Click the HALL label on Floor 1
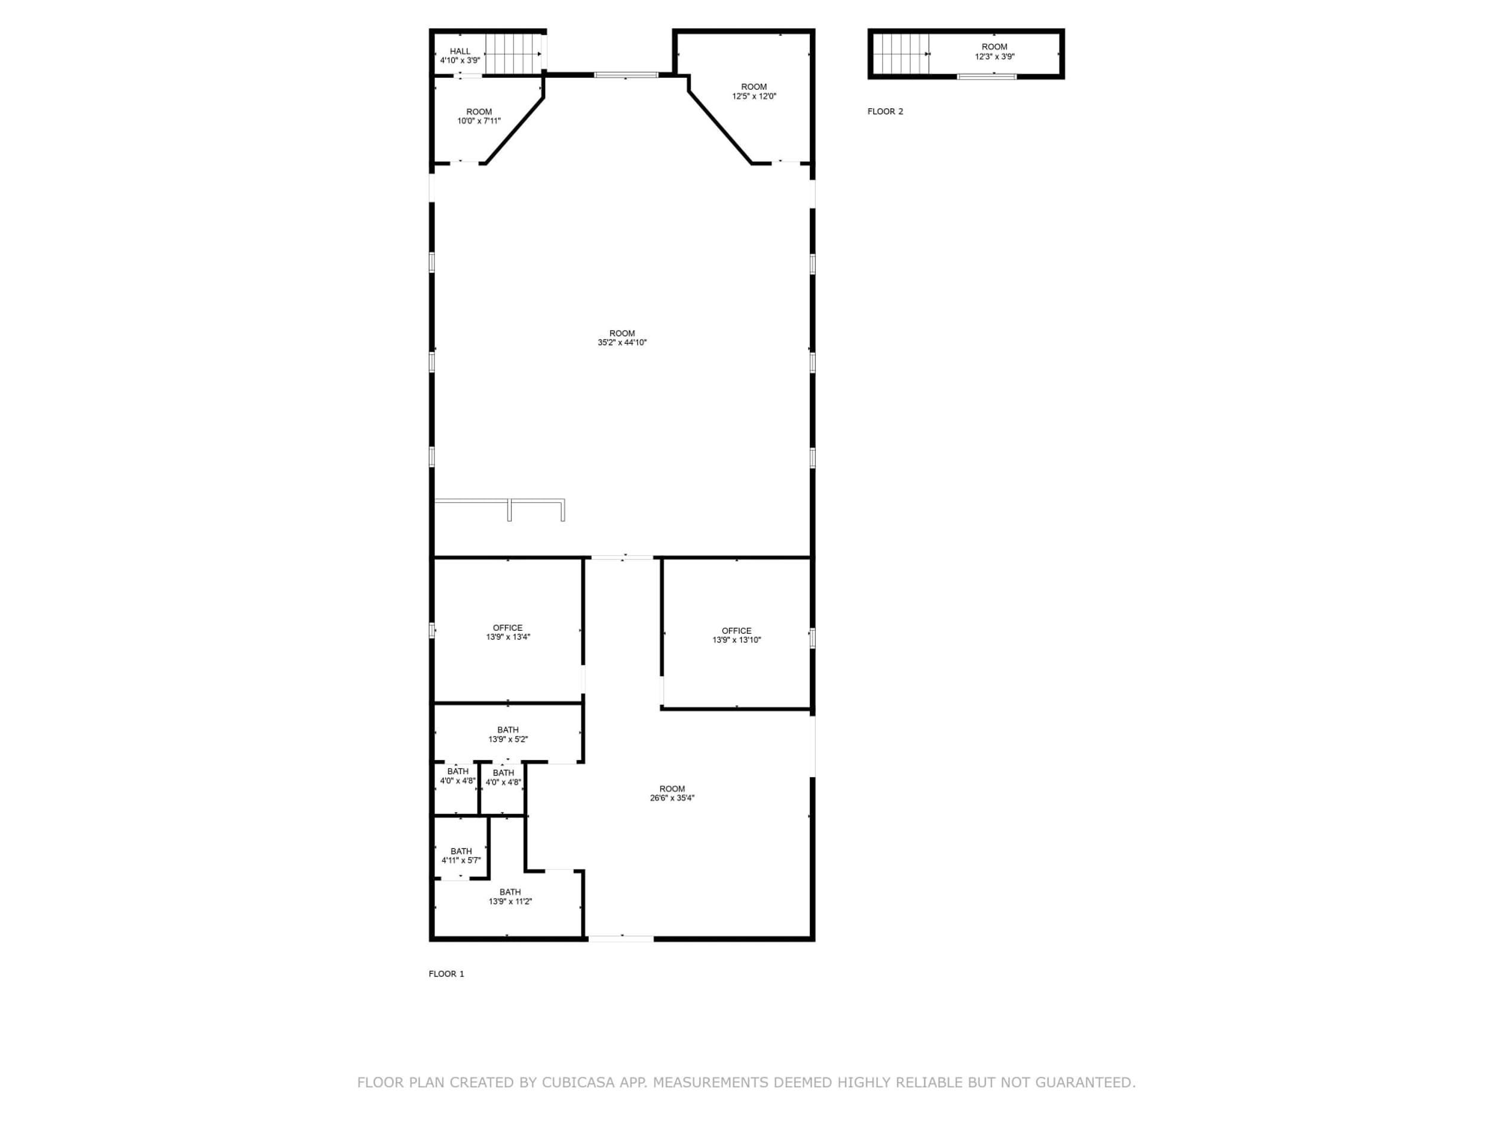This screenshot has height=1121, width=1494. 460,51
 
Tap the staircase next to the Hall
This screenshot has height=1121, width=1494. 514,53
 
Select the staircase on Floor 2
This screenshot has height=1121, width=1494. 901,53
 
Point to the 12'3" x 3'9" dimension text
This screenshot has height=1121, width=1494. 994,57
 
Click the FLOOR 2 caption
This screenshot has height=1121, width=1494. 885,111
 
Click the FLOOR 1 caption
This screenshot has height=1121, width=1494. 446,974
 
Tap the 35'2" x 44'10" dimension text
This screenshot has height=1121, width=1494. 622,343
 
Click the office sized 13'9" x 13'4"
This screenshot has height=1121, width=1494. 508,632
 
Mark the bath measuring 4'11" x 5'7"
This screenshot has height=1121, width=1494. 461,856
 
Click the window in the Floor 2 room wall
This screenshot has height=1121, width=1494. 987,77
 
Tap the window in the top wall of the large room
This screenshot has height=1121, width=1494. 626,74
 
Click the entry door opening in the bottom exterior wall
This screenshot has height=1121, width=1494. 621,938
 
